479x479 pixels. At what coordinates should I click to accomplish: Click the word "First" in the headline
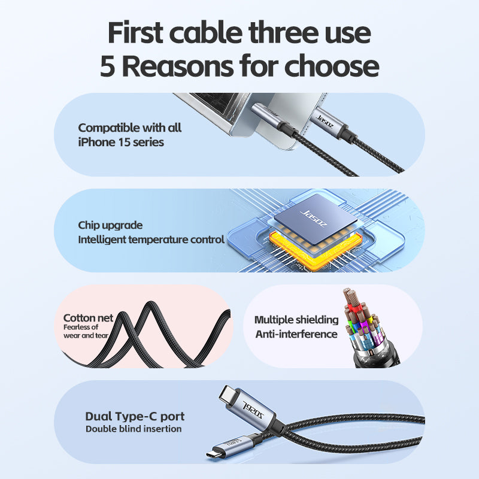tap(135, 32)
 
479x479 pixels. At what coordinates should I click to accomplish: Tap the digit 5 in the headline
tap(108, 66)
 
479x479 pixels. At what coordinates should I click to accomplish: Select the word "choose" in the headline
tap(332, 66)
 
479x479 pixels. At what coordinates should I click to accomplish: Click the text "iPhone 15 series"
tap(121, 142)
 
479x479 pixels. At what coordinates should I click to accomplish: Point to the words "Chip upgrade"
tap(110, 226)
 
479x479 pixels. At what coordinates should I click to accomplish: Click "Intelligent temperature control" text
tap(151, 239)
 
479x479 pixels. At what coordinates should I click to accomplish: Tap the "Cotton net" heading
tap(88, 318)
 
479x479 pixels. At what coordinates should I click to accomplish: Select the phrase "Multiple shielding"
tap(296, 320)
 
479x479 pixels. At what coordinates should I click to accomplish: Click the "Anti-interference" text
tap(296, 334)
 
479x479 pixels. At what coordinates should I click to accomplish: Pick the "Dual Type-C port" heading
tap(135, 416)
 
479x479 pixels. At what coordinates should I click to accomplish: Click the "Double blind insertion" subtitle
tap(134, 429)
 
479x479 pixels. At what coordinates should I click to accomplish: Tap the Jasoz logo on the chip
tap(314, 219)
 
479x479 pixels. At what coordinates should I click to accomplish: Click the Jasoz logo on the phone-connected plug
tap(325, 122)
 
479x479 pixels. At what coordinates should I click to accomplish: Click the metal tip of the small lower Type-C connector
tap(214, 453)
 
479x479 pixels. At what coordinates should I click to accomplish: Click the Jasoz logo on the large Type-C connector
tap(253, 410)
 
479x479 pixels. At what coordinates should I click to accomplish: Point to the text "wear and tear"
tap(86, 335)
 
